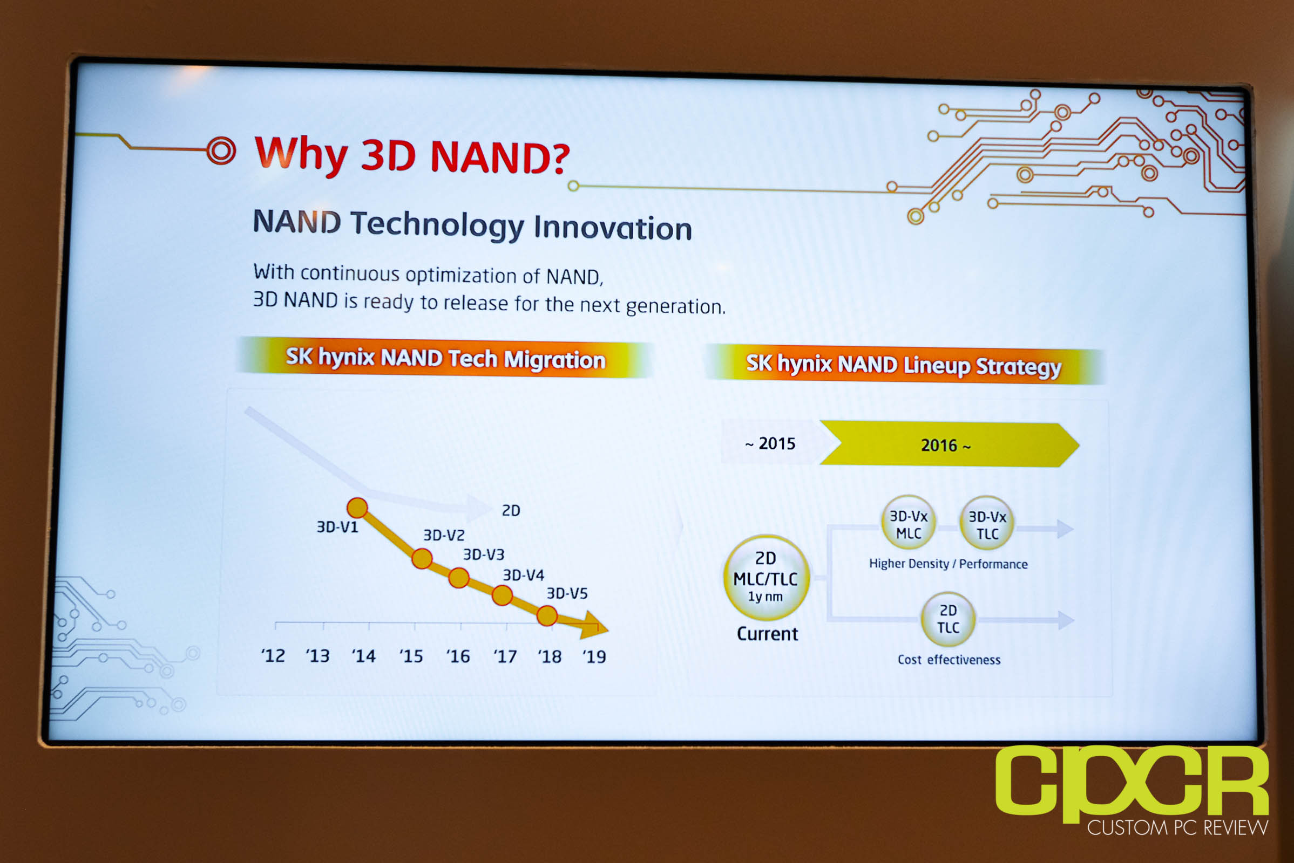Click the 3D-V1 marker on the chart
tap(357, 508)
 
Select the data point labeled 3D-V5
tap(547, 616)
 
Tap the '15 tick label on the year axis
tap(411, 656)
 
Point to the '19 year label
tap(594, 656)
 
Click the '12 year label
tap(273, 655)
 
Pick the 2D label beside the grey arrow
tap(511, 511)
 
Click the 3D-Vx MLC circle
tap(909, 523)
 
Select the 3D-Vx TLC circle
tap(987, 524)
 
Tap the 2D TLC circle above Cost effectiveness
tap(948, 619)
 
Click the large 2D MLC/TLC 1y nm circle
tap(766, 577)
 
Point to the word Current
tap(767, 634)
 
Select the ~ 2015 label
tap(770, 443)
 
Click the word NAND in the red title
tap(500, 157)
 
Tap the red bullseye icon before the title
tap(221, 150)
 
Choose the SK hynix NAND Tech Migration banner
tap(445, 358)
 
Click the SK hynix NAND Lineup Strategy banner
tap(904, 365)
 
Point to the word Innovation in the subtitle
tap(613, 228)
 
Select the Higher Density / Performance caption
tap(948, 564)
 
